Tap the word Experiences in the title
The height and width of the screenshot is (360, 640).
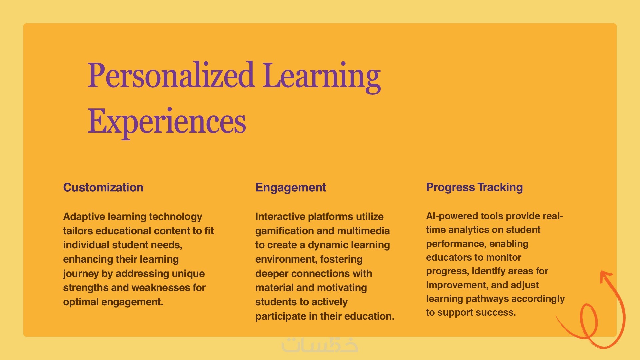tap(167, 122)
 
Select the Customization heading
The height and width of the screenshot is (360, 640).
tap(103, 187)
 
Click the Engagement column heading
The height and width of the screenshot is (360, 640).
tap(291, 188)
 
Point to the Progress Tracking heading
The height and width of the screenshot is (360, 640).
tap(474, 187)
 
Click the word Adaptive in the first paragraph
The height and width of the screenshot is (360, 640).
tap(84, 217)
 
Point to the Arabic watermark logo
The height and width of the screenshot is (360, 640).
tap(320, 345)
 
